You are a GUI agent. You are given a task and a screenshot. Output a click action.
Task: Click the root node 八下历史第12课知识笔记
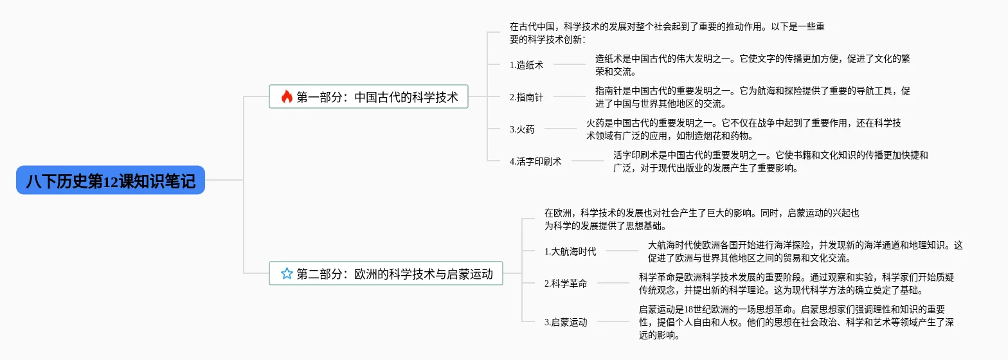tap(111, 181)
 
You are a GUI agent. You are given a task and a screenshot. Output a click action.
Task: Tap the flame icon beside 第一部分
tap(287, 97)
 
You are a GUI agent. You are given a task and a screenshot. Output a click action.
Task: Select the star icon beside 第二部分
tap(287, 274)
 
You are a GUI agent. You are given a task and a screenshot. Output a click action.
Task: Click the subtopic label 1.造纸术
tap(526, 64)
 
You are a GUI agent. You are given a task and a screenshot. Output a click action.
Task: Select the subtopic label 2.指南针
tap(526, 97)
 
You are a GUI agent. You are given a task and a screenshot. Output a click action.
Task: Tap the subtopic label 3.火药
tap(522, 129)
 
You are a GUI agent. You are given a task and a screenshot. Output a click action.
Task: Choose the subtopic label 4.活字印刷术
tap(535, 161)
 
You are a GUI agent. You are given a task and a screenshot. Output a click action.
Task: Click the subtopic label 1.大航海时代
tap(570, 251)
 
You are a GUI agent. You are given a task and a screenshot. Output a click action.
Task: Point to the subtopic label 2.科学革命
tap(566, 283)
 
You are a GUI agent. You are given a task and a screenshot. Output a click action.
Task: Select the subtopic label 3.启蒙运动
tap(566, 322)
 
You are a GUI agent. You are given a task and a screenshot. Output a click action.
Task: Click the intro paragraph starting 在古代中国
tap(667, 33)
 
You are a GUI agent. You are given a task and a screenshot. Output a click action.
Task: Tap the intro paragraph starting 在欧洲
tap(701, 219)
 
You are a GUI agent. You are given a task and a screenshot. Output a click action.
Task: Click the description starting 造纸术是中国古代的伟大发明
tap(752, 65)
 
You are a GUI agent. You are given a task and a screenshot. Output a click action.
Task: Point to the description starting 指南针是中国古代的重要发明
tap(752, 97)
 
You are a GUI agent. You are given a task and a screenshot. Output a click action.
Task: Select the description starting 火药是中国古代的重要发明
tap(743, 129)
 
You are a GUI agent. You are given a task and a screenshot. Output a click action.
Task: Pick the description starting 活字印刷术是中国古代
tap(770, 161)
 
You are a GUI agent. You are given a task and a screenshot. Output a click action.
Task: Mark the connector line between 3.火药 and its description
tap(560, 129)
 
